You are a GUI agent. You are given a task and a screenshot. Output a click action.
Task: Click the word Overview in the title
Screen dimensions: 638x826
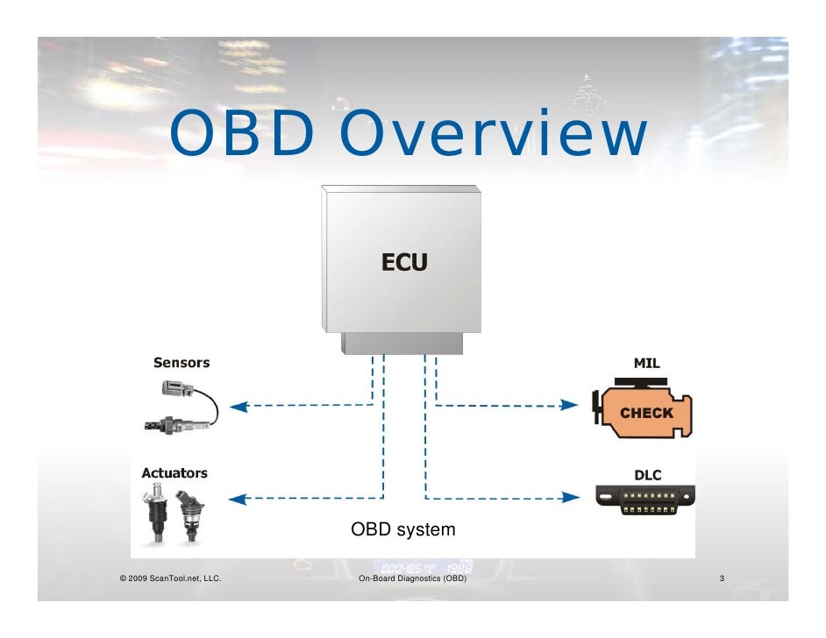[x=494, y=135]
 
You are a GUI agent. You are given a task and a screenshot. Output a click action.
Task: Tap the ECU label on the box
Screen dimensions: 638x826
[x=403, y=261]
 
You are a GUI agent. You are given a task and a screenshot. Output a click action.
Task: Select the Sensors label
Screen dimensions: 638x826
[x=182, y=362]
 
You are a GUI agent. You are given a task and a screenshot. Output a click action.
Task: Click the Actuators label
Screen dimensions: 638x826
[x=174, y=473]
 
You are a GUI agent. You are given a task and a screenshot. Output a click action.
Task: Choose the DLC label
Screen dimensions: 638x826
[x=647, y=475]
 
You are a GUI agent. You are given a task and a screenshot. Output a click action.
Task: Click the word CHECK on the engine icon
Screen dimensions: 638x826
[x=646, y=413]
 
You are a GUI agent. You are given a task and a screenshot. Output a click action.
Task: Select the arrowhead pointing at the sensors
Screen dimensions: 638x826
[x=239, y=405]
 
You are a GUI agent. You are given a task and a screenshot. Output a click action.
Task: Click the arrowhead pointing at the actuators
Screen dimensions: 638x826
[x=239, y=499]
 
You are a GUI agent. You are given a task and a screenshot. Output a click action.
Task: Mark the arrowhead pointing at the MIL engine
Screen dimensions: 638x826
[x=570, y=405]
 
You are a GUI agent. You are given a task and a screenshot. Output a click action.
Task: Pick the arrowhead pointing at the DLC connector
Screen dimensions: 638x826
[x=571, y=498]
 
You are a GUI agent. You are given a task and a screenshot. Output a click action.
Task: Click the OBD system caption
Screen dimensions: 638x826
[x=402, y=529]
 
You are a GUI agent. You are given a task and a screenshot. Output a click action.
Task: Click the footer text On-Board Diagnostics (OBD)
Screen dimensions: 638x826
[x=413, y=579]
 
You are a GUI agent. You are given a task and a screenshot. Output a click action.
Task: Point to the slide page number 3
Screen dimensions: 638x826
[x=721, y=579]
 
